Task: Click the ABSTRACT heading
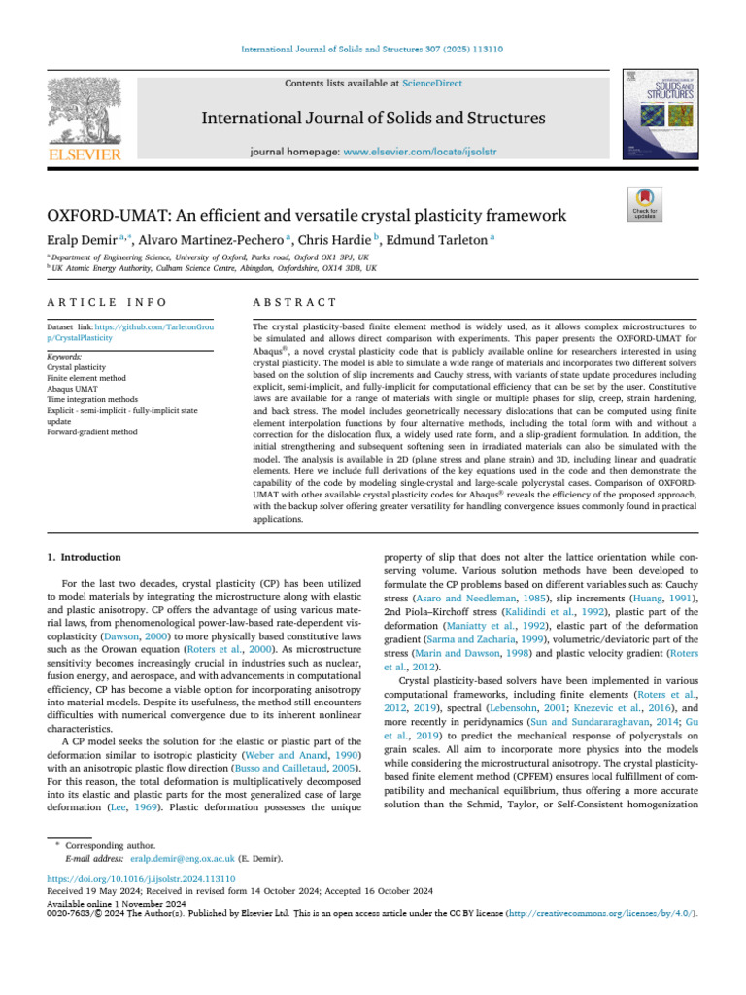(294, 304)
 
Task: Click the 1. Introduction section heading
(85, 557)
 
